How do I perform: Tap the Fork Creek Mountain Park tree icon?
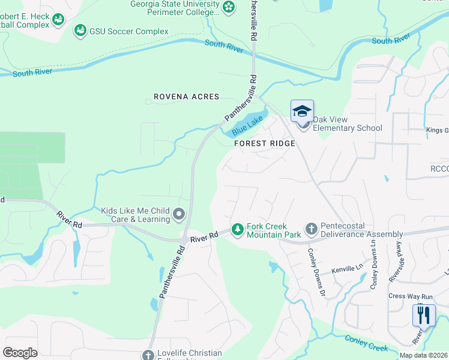[x=238, y=230]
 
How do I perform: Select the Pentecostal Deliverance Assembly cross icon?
[x=311, y=229]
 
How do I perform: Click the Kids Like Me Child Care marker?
[x=178, y=214]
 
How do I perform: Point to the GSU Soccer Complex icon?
[x=80, y=30]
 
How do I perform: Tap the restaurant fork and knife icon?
[x=424, y=314]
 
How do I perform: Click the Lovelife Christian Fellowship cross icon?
[x=148, y=355]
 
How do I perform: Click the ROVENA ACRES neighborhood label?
[x=187, y=97]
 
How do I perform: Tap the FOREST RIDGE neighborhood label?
[x=265, y=143]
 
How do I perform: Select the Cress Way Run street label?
[x=411, y=296]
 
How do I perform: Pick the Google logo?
[x=20, y=352]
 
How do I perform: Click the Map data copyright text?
[x=424, y=355]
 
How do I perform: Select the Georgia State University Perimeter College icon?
[x=228, y=7]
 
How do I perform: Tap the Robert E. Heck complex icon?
[x=58, y=20]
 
